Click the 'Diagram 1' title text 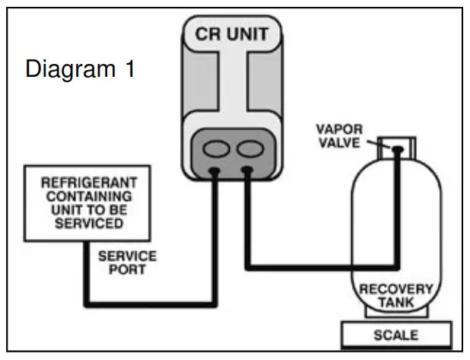click(81, 69)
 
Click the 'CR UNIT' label click(236, 34)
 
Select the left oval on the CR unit click(216, 145)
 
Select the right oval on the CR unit click(252, 145)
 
